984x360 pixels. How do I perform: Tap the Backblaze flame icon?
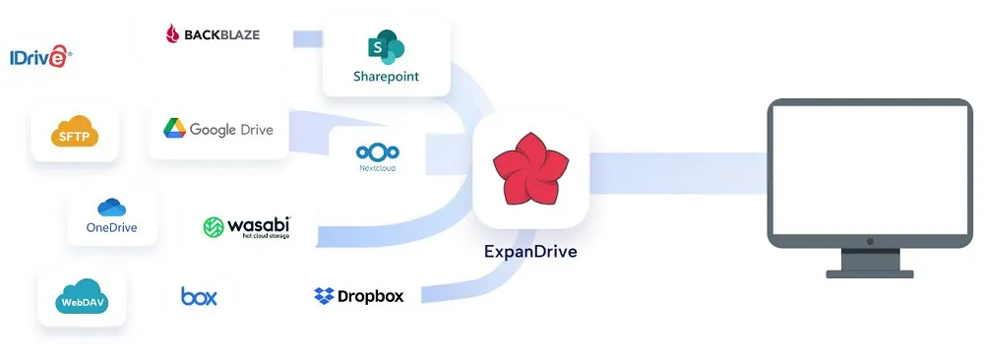[174, 35]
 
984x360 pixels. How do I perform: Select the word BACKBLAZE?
[221, 35]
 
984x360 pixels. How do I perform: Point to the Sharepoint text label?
[386, 77]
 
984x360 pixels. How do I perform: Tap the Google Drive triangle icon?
[174, 129]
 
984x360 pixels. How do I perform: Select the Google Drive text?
[231, 129]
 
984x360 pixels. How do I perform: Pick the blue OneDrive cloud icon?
[111, 208]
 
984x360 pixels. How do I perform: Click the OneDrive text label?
[111, 228]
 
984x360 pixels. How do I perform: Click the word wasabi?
[259, 225]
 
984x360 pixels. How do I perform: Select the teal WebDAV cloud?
[83, 297]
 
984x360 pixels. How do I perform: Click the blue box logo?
[199, 296]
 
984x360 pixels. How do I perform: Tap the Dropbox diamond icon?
[324, 296]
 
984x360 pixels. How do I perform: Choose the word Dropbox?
[371, 296]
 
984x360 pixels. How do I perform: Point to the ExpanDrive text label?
[530, 251]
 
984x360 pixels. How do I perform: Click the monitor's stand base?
[870, 272]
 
